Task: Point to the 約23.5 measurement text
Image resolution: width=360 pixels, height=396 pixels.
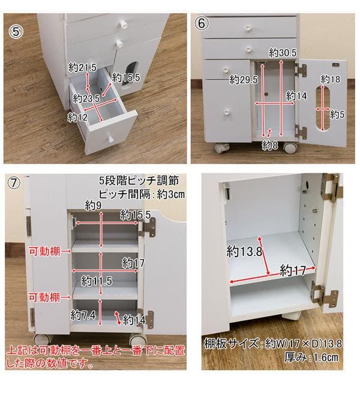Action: click(x=88, y=98)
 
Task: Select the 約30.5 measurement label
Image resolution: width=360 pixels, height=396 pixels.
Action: click(x=283, y=53)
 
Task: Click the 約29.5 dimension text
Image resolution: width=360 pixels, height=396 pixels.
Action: click(x=242, y=80)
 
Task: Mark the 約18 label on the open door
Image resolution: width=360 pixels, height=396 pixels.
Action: click(x=330, y=79)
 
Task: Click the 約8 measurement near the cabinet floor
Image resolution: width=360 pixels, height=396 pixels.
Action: click(x=270, y=145)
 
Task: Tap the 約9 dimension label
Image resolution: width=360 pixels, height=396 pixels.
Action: click(x=94, y=206)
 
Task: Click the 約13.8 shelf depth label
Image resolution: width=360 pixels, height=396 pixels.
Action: click(x=244, y=251)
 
